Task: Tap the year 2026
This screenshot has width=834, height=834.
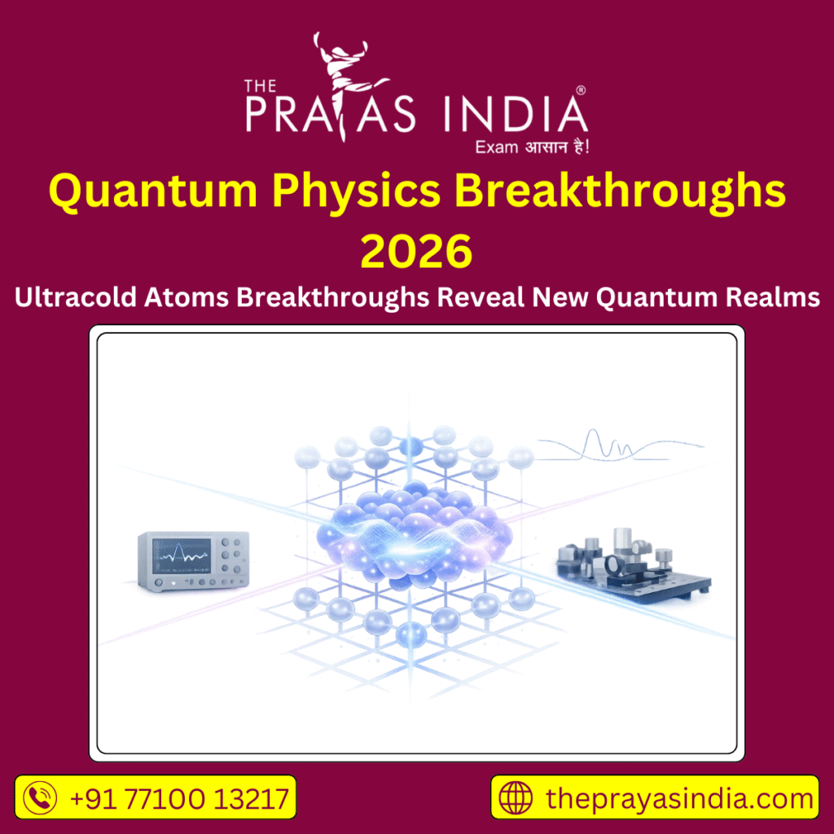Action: click(416, 250)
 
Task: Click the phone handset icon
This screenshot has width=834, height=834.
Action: click(41, 797)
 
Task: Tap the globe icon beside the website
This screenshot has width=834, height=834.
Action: click(516, 797)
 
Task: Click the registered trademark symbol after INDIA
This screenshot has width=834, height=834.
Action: click(580, 89)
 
